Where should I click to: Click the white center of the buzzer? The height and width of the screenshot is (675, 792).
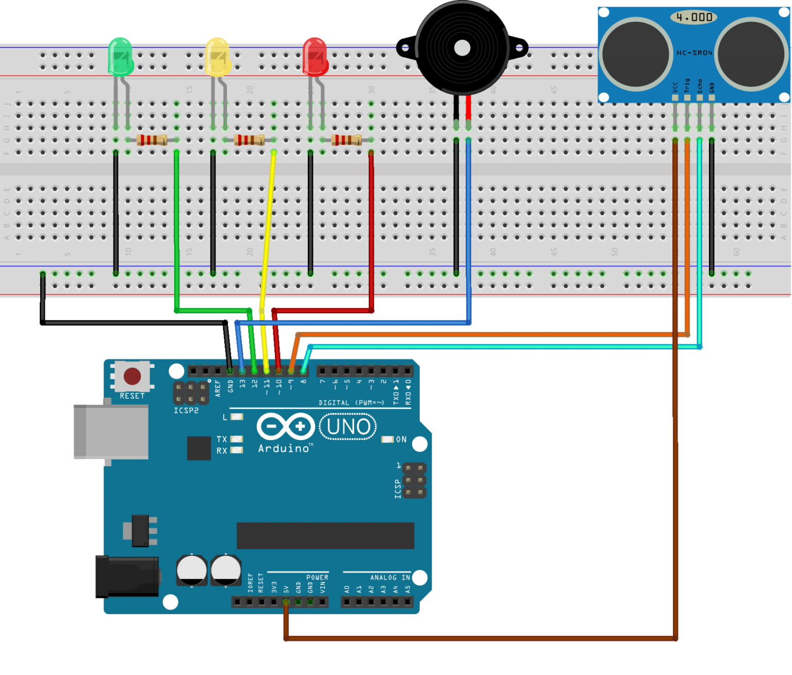pyautogui.click(x=462, y=48)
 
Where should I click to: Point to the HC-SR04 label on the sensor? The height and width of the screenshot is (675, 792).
pyautogui.click(x=694, y=53)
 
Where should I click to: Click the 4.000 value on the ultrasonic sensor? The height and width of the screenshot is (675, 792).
pyautogui.click(x=694, y=18)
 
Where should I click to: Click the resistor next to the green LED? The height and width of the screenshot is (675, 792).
pyautogui.click(x=152, y=140)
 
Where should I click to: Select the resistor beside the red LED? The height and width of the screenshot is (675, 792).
pyautogui.click(x=346, y=140)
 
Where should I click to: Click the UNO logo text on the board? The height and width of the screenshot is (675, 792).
pyautogui.click(x=348, y=427)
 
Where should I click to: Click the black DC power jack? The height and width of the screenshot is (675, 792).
pyautogui.click(x=127, y=577)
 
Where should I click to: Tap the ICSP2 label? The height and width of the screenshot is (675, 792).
pyautogui.click(x=186, y=411)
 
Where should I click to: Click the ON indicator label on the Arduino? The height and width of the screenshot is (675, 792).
pyautogui.click(x=401, y=440)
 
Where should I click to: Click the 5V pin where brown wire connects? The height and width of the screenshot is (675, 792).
pyautogui.click(x=286, y=602)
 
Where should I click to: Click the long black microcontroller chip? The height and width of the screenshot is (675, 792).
pyautogui.click(x=325, y=536)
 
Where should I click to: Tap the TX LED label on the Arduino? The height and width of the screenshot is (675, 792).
pyautogui.click(x=222, y=439)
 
